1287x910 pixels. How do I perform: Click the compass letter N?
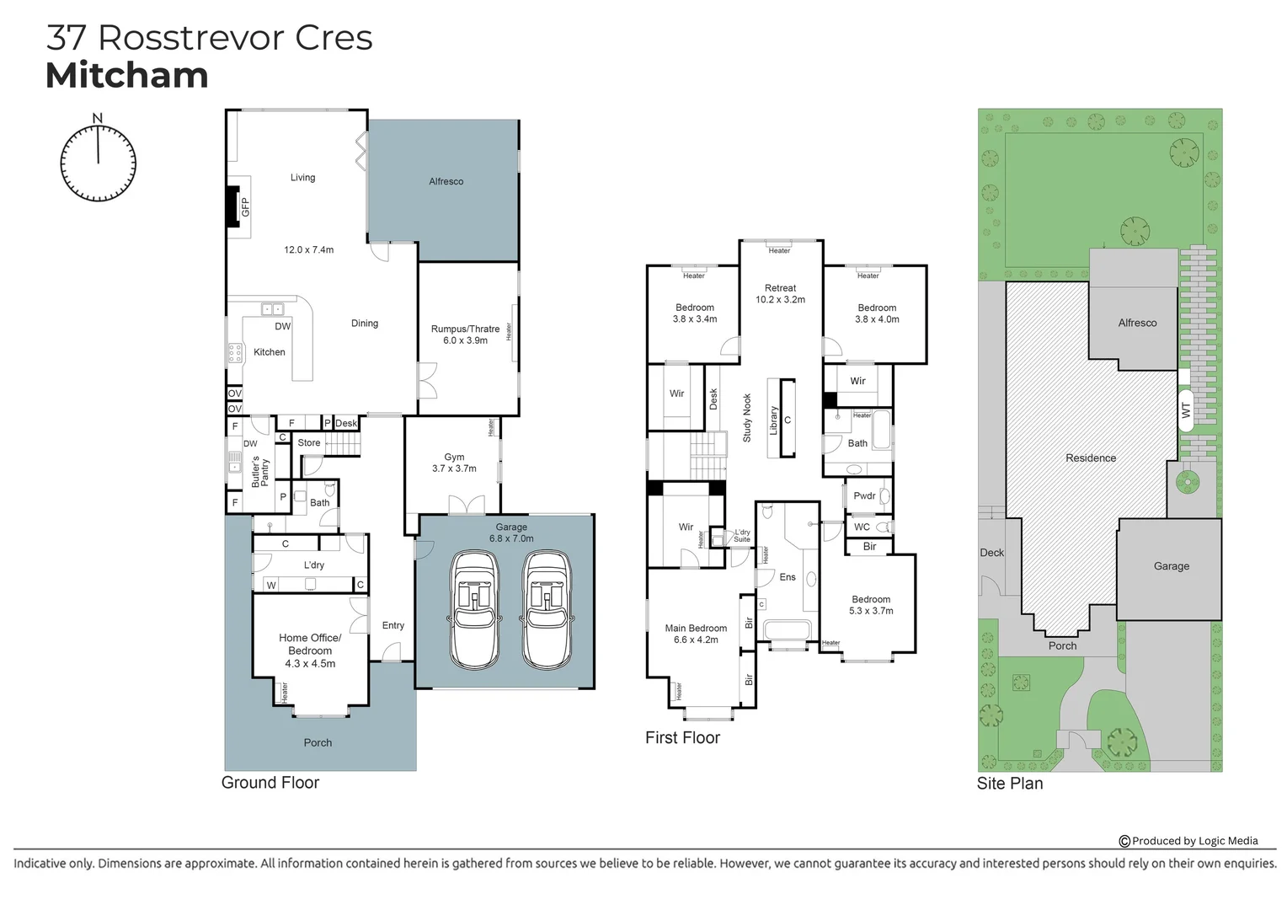[98, 118]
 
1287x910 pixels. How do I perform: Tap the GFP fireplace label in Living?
[245, 207]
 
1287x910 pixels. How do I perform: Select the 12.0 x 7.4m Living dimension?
[308, 249]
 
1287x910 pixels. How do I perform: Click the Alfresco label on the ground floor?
[446, 181]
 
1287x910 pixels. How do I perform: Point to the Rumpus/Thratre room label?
[466, 329]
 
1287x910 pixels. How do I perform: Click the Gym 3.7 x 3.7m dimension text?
[455, 468]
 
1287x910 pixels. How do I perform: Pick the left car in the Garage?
[474, 610]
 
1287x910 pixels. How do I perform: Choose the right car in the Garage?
[547, 610]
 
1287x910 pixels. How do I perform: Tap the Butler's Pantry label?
[259, 472]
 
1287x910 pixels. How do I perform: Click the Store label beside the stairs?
[309, 442]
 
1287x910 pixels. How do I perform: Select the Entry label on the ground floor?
[393, 625]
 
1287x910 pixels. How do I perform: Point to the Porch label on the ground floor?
[318, 742]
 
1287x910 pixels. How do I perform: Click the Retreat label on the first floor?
[780, 288]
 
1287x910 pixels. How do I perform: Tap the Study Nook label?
[747, 418]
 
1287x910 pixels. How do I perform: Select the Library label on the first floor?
[773, 420]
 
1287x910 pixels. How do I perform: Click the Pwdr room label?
[864, 495]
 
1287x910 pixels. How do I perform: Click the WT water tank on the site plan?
[1186, 410]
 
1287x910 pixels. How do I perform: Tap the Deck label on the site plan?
[991, 553]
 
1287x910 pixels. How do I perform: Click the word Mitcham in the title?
[127, 75]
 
